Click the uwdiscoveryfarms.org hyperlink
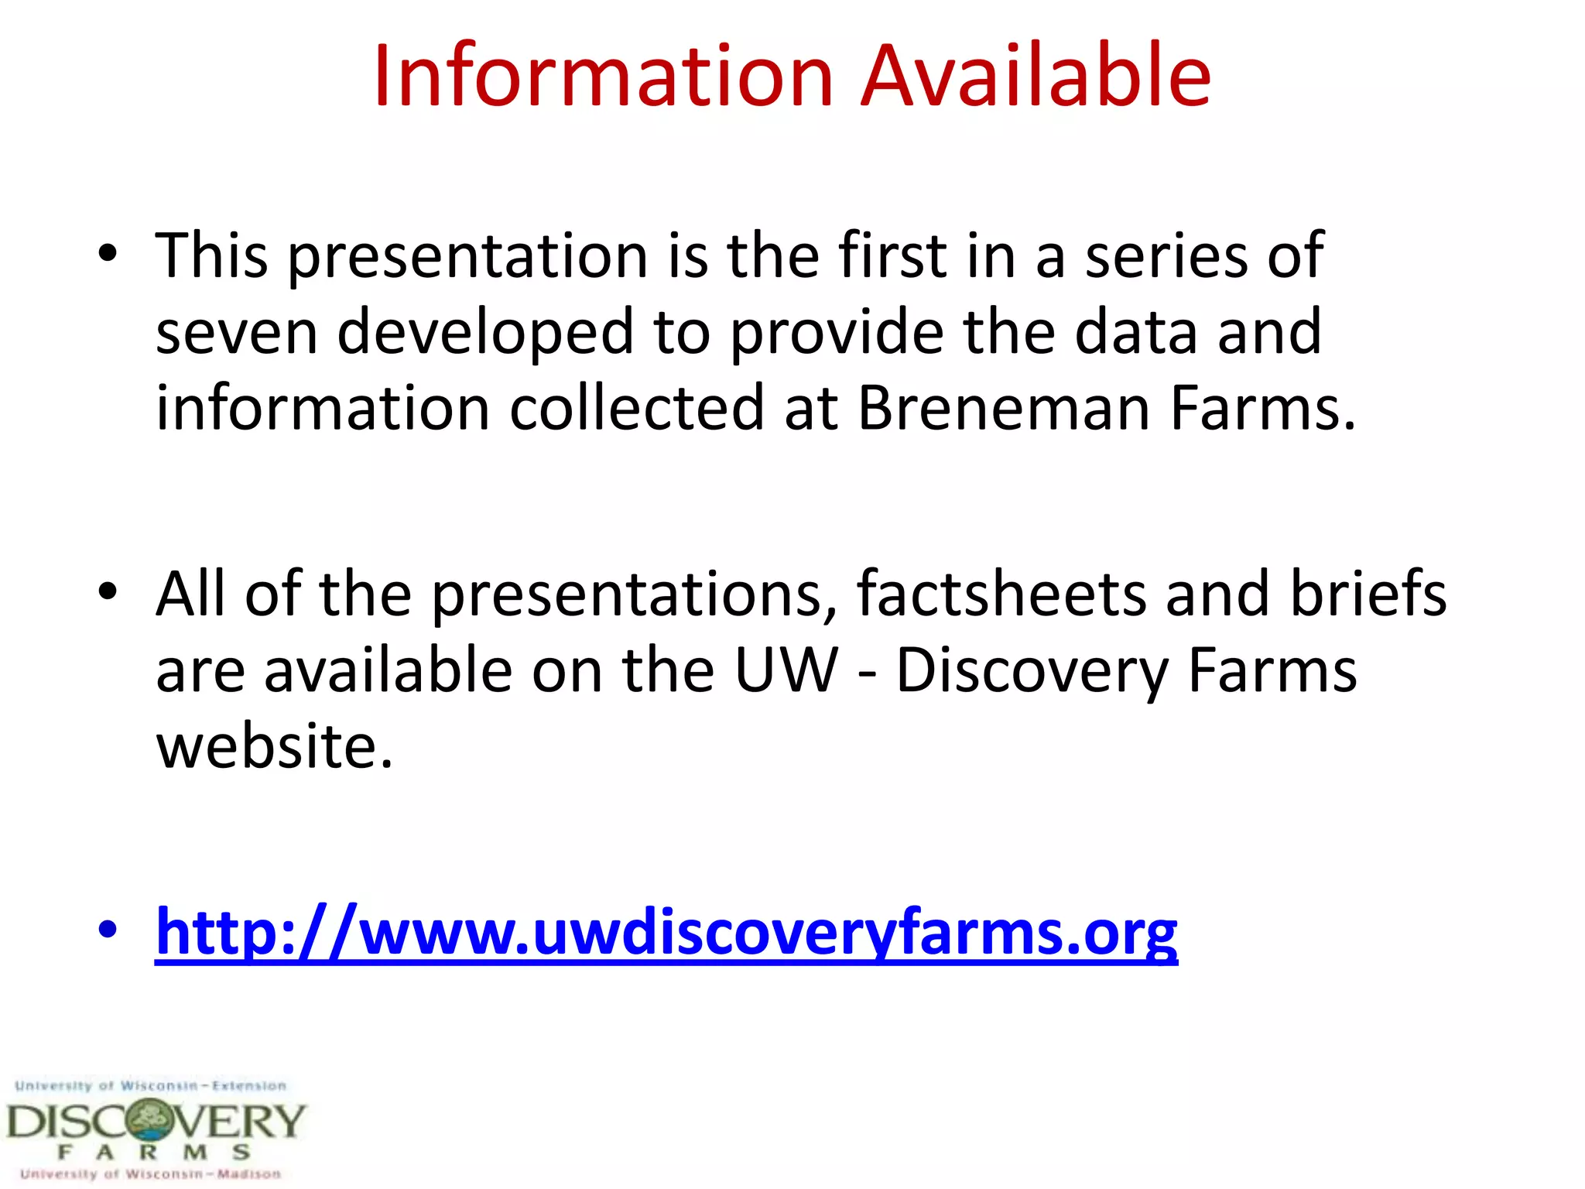click(x=666, y=932)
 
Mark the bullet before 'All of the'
click(x=108, y=591)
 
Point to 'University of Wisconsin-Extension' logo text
click(x=151, y=1086)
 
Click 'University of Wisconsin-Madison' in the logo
click(x=151, y=1174)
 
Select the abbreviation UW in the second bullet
click(x=786, y=670)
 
